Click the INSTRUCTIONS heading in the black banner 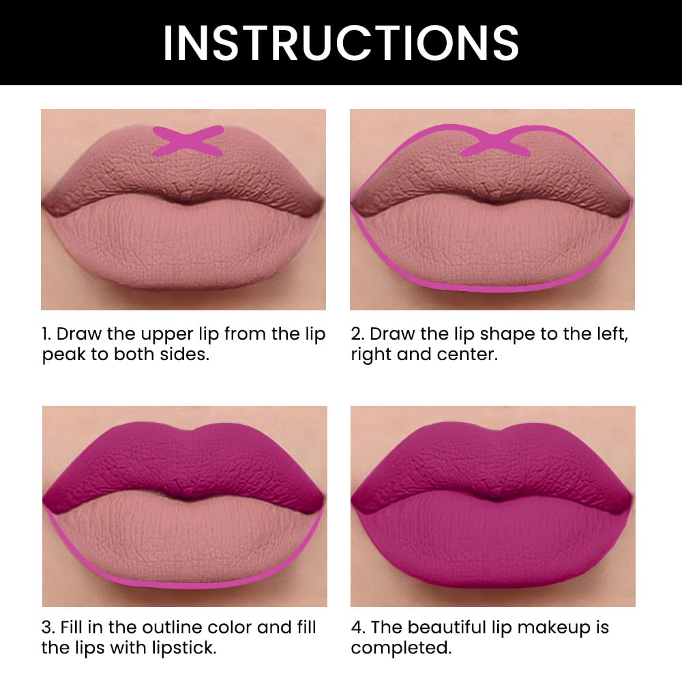(340, 42)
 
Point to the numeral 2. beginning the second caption (357, 334)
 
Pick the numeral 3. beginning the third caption (48, 627)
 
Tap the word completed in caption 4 (401, 648)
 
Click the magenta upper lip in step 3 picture (184, 464)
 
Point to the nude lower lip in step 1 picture (184, 246)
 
